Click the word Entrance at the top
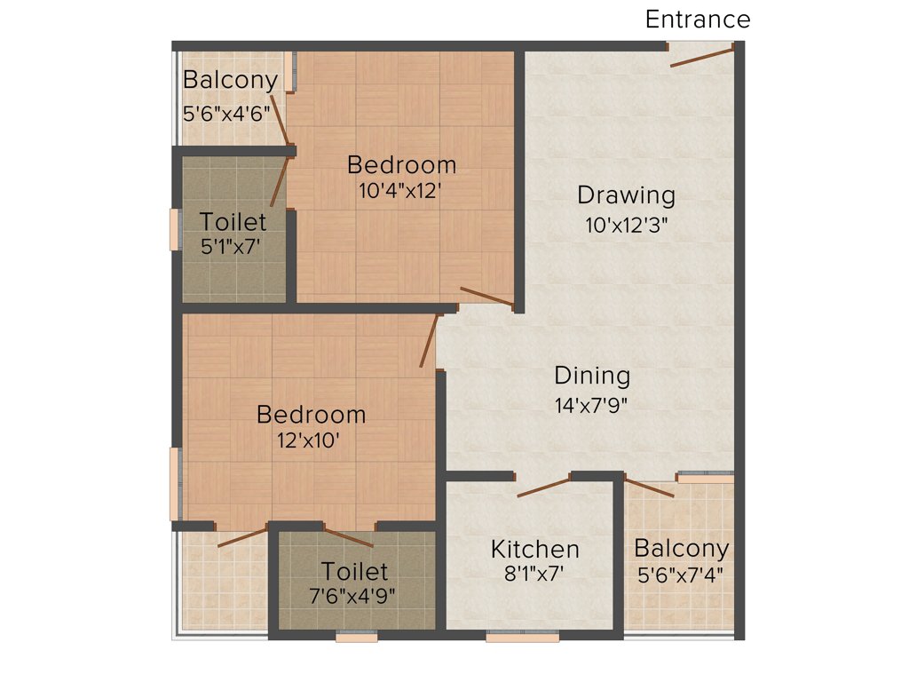pyautogui.click(x=698, y=20)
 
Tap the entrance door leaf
pyautogui.click(x=701, y=57)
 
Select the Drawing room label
pyautogui.click(x=626, y=194)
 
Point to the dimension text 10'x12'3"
pyautogui.click(x=626, y=225)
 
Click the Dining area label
pyautogui.click(x=592, y=376)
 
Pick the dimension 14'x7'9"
pyautogui.click(x=592, y=406)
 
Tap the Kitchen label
pyautogui.click(x=535, y=550)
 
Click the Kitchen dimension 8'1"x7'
pyautogui.click(x=534, y=574)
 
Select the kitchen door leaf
pyautogui.click(x=543, y=488)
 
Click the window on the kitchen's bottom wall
pyautogui.click(x=522, y=636)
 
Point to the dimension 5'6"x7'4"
pyautogui.click(x=681, y=574)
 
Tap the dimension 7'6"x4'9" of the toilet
pyautogui.click(x=354, y=594)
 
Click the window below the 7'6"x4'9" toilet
pyautogui.click(x=357, y=636)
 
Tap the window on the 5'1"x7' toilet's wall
pyautogui.click(x=175, y=229)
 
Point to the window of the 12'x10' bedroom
pyautogui.click(x=175, y=483)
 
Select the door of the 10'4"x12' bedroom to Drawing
pyautogui.click(x=486, y=297)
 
